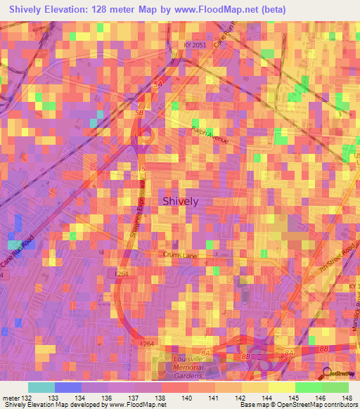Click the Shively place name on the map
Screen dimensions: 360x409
tap(181, 201)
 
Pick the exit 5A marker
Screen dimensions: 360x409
tap(158, 84)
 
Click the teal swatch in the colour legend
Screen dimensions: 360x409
tap(41, 387)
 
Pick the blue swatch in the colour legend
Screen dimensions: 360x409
tap(68, 387)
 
